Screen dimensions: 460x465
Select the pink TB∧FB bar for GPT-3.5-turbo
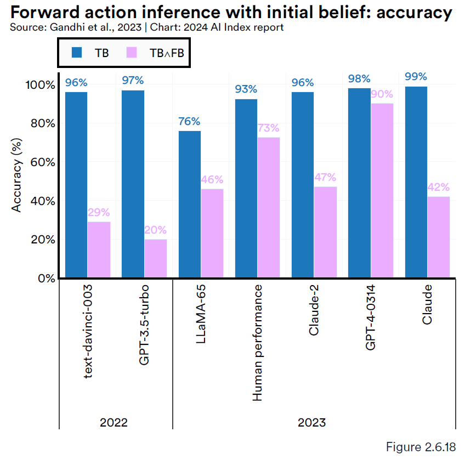pyautogui.click(x=155, y=258)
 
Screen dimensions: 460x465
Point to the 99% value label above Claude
pyautogui.click(x=416, y=77)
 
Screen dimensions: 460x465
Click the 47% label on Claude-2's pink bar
pyautogui.click(x=325, y=178)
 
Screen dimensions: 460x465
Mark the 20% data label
pyautogui.click(x=155, y=230)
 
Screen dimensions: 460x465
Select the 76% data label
pyautogui.click(x=190, y=122)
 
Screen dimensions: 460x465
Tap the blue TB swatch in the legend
pyautogui.click(x=77, y=53)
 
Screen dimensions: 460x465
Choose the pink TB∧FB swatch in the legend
pyautogui.click(x=132, y=53)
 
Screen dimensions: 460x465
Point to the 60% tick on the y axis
pyautogui.click(x=42, y=162)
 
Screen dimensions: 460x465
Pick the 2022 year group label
pyautogui.click(x=114, y=423)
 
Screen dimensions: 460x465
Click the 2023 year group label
pyautogui.click(x=311, y=423)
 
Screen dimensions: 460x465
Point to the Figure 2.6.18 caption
pyautogui.click(x=421, y=447)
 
